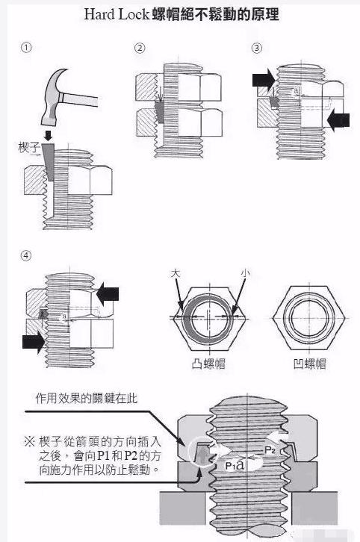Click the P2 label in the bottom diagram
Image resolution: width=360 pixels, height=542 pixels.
271,451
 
